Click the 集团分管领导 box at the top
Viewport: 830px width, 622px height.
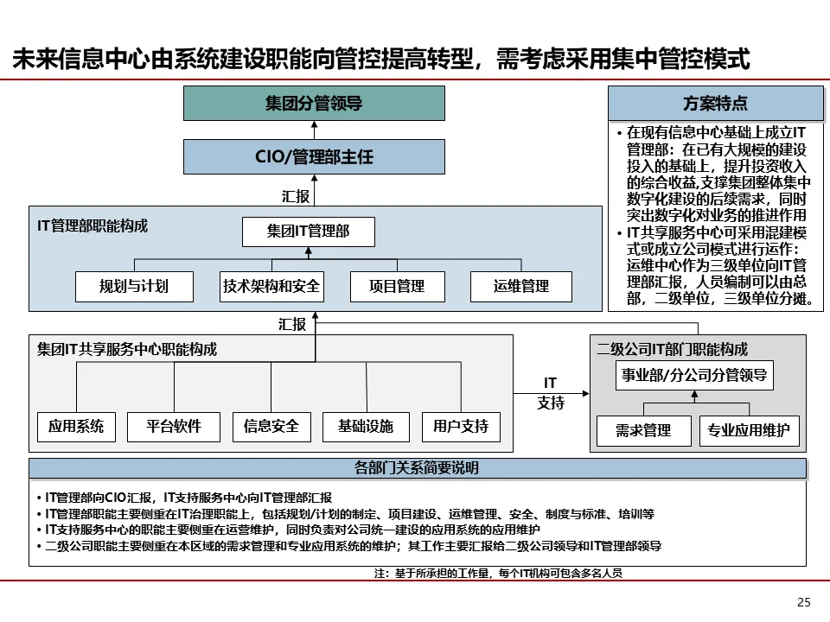coord(314,104)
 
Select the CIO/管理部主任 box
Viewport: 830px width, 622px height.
coord(314,157)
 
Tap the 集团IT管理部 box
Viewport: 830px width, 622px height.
coord(309,232)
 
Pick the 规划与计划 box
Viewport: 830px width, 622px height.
coord(134,286)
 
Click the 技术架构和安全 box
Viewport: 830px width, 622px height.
coord(271,286)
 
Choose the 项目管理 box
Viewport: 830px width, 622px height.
coord(397,286)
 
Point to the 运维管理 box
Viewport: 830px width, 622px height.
coord(521,286)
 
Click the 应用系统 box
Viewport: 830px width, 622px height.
coord(76,426)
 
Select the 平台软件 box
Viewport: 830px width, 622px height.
coord(174,426)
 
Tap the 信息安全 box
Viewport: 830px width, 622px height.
coord(271,426)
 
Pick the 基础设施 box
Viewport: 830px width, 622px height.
coord(366,426)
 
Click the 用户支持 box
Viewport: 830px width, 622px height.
coord(461,426)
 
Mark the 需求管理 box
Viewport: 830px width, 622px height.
coord(643,430)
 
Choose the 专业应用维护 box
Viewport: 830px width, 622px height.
coord(749,430)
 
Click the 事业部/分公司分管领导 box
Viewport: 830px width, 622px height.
coord(695,376)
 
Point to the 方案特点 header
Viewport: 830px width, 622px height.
coord(716,104)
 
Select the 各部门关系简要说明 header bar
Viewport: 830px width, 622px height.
coord(418,469)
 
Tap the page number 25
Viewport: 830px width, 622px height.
coord(803,602)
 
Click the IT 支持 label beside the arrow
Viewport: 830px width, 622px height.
coord(551,393)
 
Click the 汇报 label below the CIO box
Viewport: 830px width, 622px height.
coord(296,196)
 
